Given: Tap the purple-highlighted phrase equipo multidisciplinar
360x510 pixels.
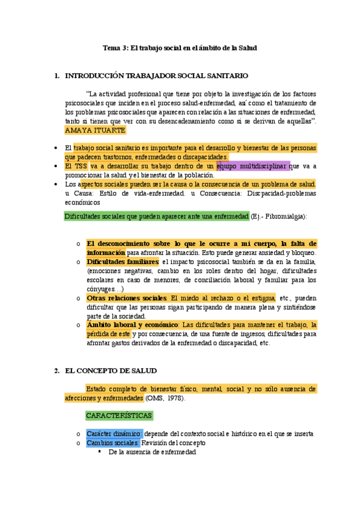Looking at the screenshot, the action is (x=253, y=165).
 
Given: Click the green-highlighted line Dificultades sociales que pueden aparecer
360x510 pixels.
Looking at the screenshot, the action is (x=156, y=216).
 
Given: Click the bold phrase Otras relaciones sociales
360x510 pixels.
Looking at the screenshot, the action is (x=127, y=298).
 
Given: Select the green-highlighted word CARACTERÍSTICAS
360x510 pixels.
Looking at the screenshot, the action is (x=119, y=416).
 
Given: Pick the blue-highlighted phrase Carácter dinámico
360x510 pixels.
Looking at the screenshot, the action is (x=114, y=434).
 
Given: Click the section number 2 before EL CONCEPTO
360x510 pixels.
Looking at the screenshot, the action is (x=56, y=370).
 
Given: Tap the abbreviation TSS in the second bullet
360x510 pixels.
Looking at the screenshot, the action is (x=80, y=165).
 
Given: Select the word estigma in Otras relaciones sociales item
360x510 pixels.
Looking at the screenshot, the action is (x=262, y=298).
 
